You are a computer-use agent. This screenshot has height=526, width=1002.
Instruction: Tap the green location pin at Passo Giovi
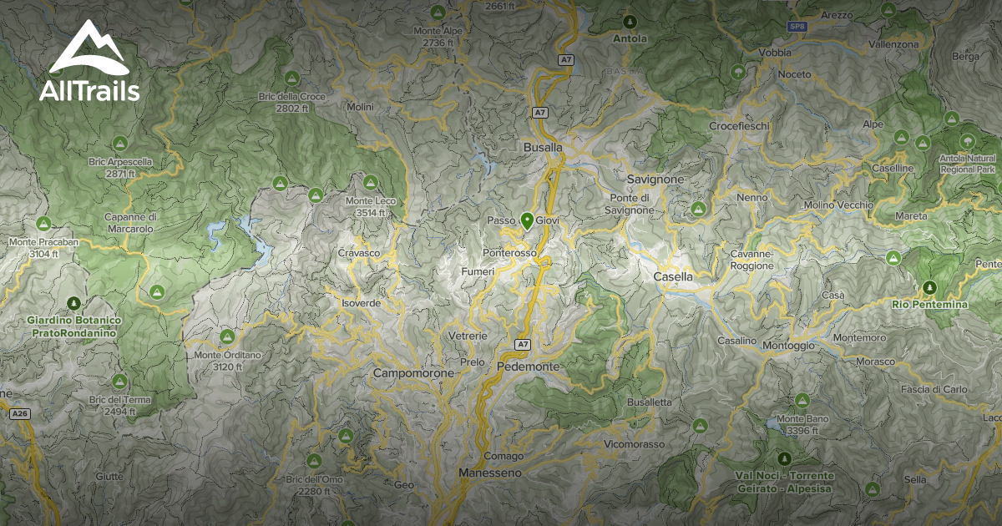(x=527, y=221)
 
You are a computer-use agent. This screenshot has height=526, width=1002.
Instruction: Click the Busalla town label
(x=543, y=147)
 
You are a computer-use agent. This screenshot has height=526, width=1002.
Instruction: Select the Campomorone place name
(x=414, y=373)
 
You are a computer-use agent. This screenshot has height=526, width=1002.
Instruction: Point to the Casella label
(x=673, y=276)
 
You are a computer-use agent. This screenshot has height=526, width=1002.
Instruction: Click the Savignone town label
(x=655, y=180)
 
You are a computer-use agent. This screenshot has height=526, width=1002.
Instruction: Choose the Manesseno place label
(x=490, y=473)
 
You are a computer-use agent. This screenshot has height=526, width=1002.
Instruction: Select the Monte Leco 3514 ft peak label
(x=371, y=206)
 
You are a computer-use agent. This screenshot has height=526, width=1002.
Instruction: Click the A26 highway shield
(x=20, y=413)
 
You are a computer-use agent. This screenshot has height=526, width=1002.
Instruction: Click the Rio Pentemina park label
(x=929, y=305)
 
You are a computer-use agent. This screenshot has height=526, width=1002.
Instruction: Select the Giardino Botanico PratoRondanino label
(x=74, y=326)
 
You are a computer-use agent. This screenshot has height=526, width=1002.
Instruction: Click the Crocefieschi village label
(x=739, y=126)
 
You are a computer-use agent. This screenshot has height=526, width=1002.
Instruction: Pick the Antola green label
(x=630, y=38)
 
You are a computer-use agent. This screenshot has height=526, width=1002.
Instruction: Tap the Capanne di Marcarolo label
(x=131, y=223)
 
